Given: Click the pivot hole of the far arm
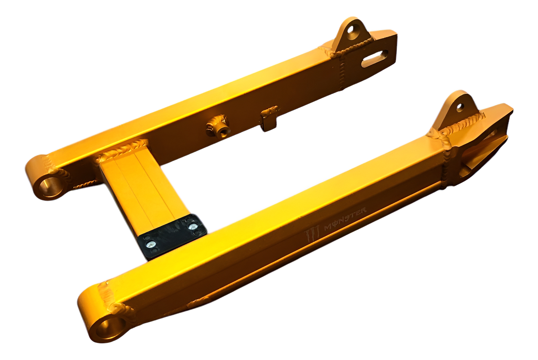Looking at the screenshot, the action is (51, 186).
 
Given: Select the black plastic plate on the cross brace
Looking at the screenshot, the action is (172, 237).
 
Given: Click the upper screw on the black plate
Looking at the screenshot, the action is (193, 227).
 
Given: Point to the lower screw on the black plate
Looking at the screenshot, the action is (151, 245).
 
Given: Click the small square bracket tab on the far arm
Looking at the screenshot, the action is (269, 119).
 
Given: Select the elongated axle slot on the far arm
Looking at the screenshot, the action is (375, 58).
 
